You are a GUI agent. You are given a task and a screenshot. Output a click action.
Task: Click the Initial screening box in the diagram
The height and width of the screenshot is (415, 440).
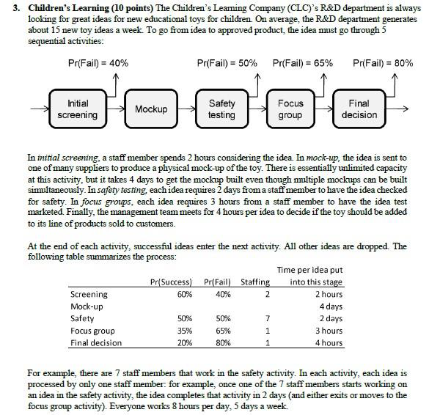point(77,109)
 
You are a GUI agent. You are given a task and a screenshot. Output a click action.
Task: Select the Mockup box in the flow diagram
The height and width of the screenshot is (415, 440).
point(150,109)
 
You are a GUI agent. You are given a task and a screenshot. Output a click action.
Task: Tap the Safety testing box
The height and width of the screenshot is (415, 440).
point(221,109)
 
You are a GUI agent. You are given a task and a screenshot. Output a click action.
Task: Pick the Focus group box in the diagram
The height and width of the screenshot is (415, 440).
point(290,109)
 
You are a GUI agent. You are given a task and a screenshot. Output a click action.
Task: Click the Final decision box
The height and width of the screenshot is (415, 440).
point(359,109)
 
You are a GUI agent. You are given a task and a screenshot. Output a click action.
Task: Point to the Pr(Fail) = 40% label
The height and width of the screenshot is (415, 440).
point(98,63)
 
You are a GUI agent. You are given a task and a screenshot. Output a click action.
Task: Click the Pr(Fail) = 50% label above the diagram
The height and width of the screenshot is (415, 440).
point(227,63)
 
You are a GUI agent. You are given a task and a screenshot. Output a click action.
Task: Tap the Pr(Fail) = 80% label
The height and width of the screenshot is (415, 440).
point(383,63)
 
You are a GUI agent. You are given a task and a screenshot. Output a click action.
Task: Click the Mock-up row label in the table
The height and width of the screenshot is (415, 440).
point(87,306)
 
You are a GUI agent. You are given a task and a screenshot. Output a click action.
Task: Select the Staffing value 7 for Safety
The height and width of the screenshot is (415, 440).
point(268,319)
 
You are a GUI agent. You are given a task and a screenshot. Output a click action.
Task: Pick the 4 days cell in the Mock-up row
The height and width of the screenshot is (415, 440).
point(330,306)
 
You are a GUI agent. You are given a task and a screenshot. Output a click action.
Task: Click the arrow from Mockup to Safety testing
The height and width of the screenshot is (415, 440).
point(188,109)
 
